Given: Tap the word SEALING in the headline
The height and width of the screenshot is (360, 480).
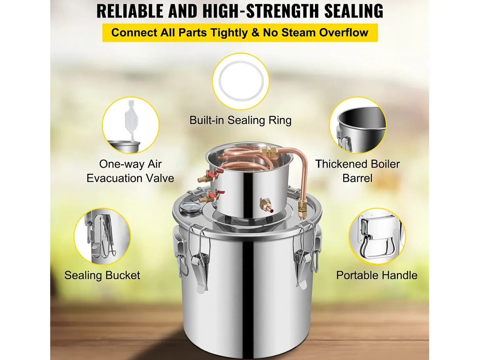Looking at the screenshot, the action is (354, 11).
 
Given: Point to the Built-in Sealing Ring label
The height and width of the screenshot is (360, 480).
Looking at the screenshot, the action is (240, 120).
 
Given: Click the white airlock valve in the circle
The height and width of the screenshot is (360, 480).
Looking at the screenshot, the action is (130, 124).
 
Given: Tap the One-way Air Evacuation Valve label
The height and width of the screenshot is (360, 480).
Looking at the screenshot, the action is (130, 171).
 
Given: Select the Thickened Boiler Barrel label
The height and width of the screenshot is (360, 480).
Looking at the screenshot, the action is (357, 171).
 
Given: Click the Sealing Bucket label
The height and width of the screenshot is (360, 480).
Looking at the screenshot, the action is (102, 275).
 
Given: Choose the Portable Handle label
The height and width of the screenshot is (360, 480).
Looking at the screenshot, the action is (376, 275).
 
